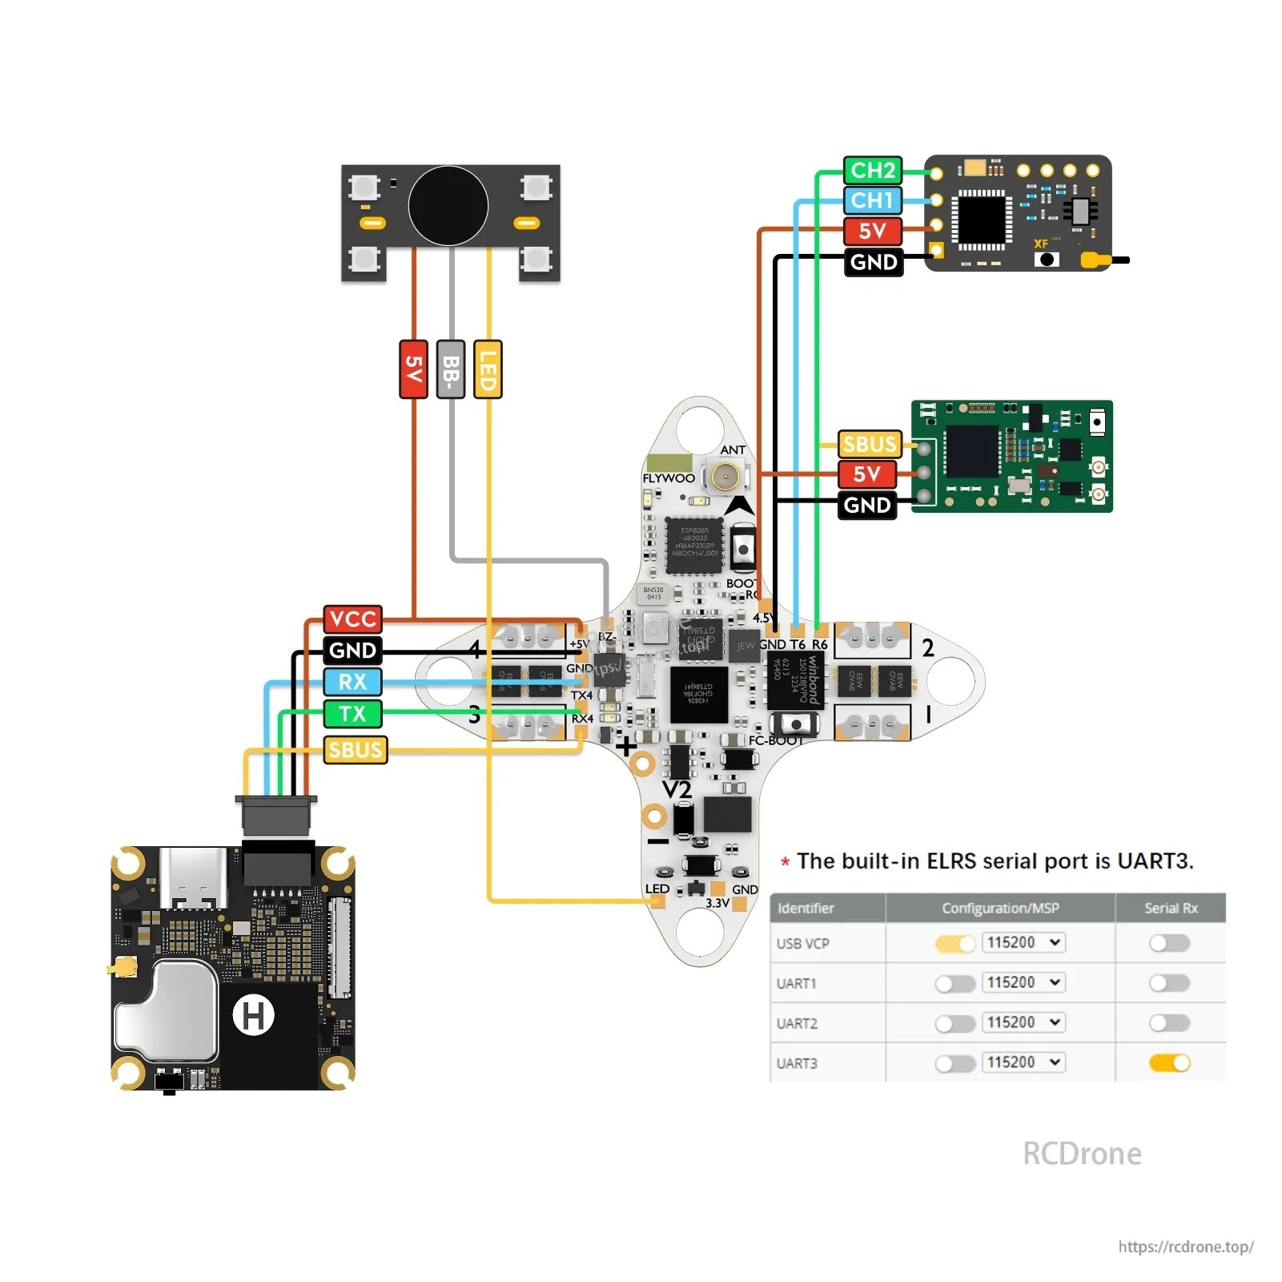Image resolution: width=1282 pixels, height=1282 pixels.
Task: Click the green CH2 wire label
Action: point(872,170)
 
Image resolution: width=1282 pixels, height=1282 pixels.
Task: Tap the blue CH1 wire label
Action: point(872,200)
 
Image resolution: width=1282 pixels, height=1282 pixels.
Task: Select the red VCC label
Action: point(352,619)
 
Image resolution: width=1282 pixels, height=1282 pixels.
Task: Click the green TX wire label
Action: point(352,713)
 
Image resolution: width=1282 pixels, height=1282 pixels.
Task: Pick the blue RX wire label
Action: point(352,682)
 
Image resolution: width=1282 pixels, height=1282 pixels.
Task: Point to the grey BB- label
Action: point(451,369)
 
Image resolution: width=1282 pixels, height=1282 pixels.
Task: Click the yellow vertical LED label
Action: point(488,369)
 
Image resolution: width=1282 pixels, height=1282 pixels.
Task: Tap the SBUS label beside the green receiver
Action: point(869,444)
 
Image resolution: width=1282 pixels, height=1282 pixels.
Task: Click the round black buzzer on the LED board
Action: point(448,206)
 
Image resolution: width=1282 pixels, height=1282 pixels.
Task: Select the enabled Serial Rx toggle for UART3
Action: point(1169,1062)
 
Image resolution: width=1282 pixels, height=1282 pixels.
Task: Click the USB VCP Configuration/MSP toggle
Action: point(954,943)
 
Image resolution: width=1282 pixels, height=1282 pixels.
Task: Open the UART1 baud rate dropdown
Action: point(1023,982)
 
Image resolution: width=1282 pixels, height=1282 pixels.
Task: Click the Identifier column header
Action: point(806,908)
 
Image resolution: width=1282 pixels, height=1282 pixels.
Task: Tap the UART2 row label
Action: point(797,1023)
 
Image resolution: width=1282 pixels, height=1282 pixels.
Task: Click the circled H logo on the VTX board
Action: point(253,1015)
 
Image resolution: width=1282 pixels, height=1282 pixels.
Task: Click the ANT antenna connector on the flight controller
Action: point(725,478)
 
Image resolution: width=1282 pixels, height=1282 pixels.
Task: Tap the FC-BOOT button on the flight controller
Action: point(795,724)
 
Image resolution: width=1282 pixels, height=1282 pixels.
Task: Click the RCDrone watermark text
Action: point(1082,1154)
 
